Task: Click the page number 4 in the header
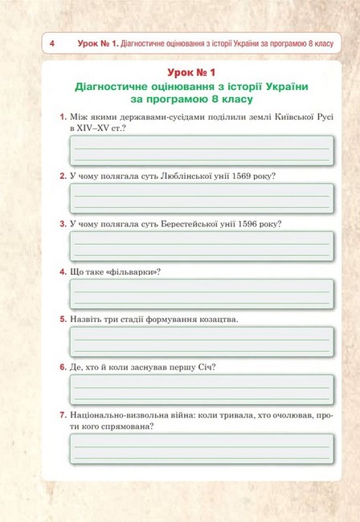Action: (51, 43)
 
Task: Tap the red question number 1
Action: (63, 117)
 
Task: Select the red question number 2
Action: (63, 176)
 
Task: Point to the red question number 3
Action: (63, 223)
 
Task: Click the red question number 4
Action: (63, 271)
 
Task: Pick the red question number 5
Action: (63, 319)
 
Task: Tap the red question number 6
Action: (63, 367)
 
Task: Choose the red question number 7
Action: (63, 415)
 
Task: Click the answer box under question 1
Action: (201, 150)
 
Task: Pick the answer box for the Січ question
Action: (201, 389)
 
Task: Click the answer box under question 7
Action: (201, 449)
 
